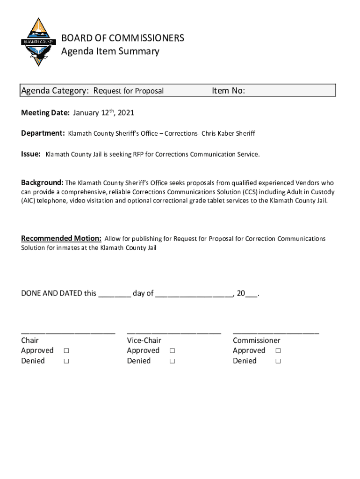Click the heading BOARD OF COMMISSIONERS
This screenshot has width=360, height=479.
(122, 38)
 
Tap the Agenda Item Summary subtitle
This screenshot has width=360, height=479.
(110, 51)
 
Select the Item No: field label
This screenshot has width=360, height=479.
(228, 91)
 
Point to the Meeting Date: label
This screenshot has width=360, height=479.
(45, 113)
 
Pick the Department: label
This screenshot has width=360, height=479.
(43, 133)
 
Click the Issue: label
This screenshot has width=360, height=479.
(31, 154)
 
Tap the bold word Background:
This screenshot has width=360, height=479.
(42, 182)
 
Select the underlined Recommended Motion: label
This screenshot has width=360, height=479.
(61, 239)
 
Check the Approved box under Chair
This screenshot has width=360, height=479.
(66, 351)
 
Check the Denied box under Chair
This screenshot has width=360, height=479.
(66, 361)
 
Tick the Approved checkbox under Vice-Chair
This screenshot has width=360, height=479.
(173, 351)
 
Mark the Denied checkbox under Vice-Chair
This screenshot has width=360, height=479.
(173, 361)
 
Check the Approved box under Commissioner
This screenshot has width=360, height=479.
(278, 351)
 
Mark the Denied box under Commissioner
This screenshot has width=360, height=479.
(278, 361)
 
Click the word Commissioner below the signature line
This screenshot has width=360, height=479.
(256, 341)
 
